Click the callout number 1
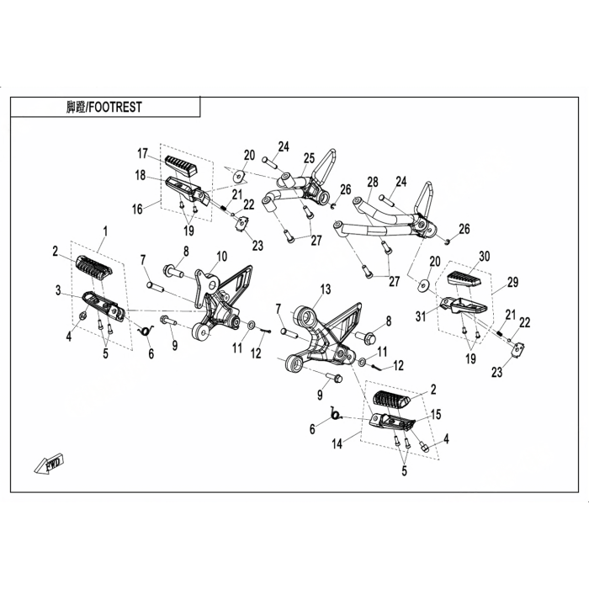106,230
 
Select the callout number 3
58,290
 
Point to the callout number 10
222,256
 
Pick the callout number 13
326,289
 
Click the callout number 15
436,414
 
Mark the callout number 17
143,153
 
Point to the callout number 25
309,157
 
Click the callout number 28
373,181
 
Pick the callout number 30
484,256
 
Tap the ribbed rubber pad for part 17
181,163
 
